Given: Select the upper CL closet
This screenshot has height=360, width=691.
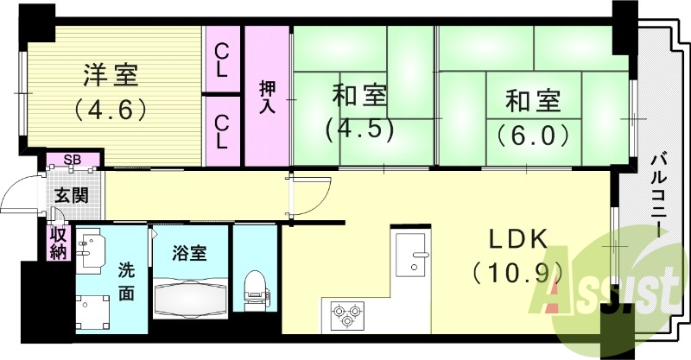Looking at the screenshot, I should [x=223, y=60].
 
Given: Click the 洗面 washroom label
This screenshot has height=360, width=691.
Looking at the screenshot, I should [x=126, y=281].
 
